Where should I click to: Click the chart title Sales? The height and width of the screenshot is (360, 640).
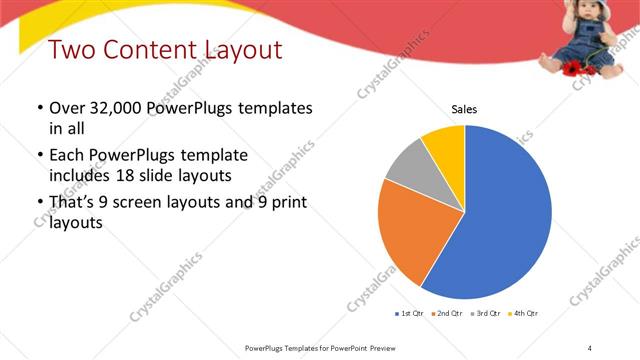point(464,110)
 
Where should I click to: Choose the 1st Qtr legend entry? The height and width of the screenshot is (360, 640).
point(410,313)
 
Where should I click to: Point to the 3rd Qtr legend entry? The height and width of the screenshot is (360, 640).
point(488,313)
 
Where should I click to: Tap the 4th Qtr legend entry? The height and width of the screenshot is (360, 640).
point(525,313)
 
